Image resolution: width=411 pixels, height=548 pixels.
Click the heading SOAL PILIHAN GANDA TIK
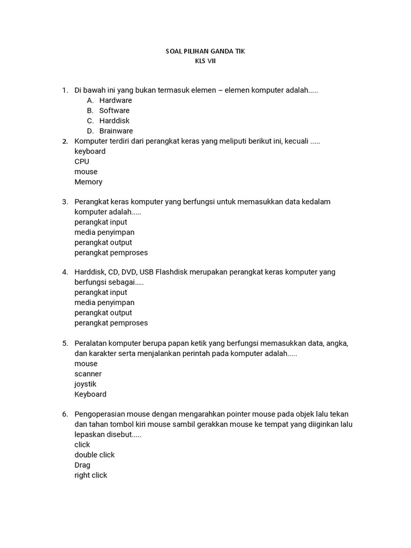(205, 51)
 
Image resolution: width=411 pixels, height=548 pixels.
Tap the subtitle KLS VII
(205, 61)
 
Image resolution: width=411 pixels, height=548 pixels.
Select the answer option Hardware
(116, 100)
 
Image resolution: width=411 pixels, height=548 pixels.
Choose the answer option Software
(114, 110)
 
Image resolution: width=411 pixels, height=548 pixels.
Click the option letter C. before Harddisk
(90, 120)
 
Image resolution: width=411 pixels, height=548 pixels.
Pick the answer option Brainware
(116, 131)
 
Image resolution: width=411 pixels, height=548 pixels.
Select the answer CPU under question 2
(82, 161)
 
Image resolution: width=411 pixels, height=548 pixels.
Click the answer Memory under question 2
(88, 181)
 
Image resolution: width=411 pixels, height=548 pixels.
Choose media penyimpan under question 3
(104, 232)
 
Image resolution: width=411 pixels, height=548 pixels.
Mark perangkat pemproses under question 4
(111, 323)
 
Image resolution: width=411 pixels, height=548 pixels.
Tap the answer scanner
(88, 374)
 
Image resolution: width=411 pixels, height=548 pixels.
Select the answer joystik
(86, 384)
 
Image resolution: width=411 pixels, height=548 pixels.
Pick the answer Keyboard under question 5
(90, 394)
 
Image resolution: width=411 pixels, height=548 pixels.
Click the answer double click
(95, 454)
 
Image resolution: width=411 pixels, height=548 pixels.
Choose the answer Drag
(82, 465)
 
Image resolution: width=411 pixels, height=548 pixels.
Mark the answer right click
(91, 475)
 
